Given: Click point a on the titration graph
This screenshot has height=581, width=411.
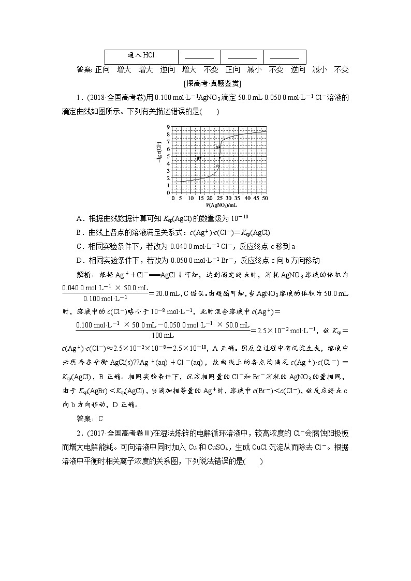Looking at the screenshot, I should click(x=200, y=158).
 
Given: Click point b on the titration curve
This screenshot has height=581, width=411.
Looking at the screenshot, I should click(x=219, y=147).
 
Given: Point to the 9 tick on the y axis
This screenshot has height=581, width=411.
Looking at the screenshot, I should click(x=169, y=127).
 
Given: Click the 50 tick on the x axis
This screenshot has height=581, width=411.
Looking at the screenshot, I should click(x=265, y=198).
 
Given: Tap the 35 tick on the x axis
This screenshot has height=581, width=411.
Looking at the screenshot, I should click(x=238, y=198).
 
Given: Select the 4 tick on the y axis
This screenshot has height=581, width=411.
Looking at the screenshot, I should click(x=169, y=163).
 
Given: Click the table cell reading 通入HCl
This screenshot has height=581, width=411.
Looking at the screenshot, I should click(x=141, y=55).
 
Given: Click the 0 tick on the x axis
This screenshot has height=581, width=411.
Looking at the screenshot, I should click(x=173, y=198).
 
